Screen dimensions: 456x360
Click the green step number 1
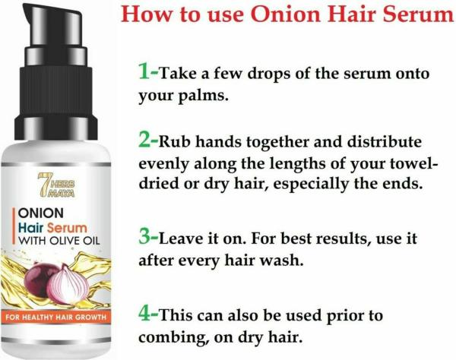[x=145, y=71]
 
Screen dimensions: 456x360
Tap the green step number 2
[x=145, y=141]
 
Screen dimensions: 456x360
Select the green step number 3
[x=145, y=237]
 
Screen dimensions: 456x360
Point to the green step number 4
[x=145, y=314]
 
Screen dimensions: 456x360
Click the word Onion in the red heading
[x=287, y=14]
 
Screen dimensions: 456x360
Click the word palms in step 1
[x=202, y=96]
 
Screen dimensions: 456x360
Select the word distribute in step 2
[x=384, y=142]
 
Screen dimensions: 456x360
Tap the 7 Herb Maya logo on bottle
[x=56, y=185]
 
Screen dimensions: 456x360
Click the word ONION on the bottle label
[x=41, y=213]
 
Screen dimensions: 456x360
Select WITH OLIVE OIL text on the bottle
[x=59, y=241]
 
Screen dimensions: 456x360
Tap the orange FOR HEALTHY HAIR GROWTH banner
[x=55, y=317]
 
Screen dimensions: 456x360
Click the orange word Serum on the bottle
[x=67, y=229]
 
